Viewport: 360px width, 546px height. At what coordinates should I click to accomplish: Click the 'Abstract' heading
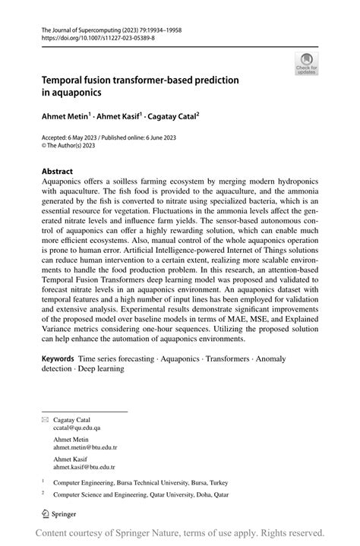[x=57, y=172]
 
